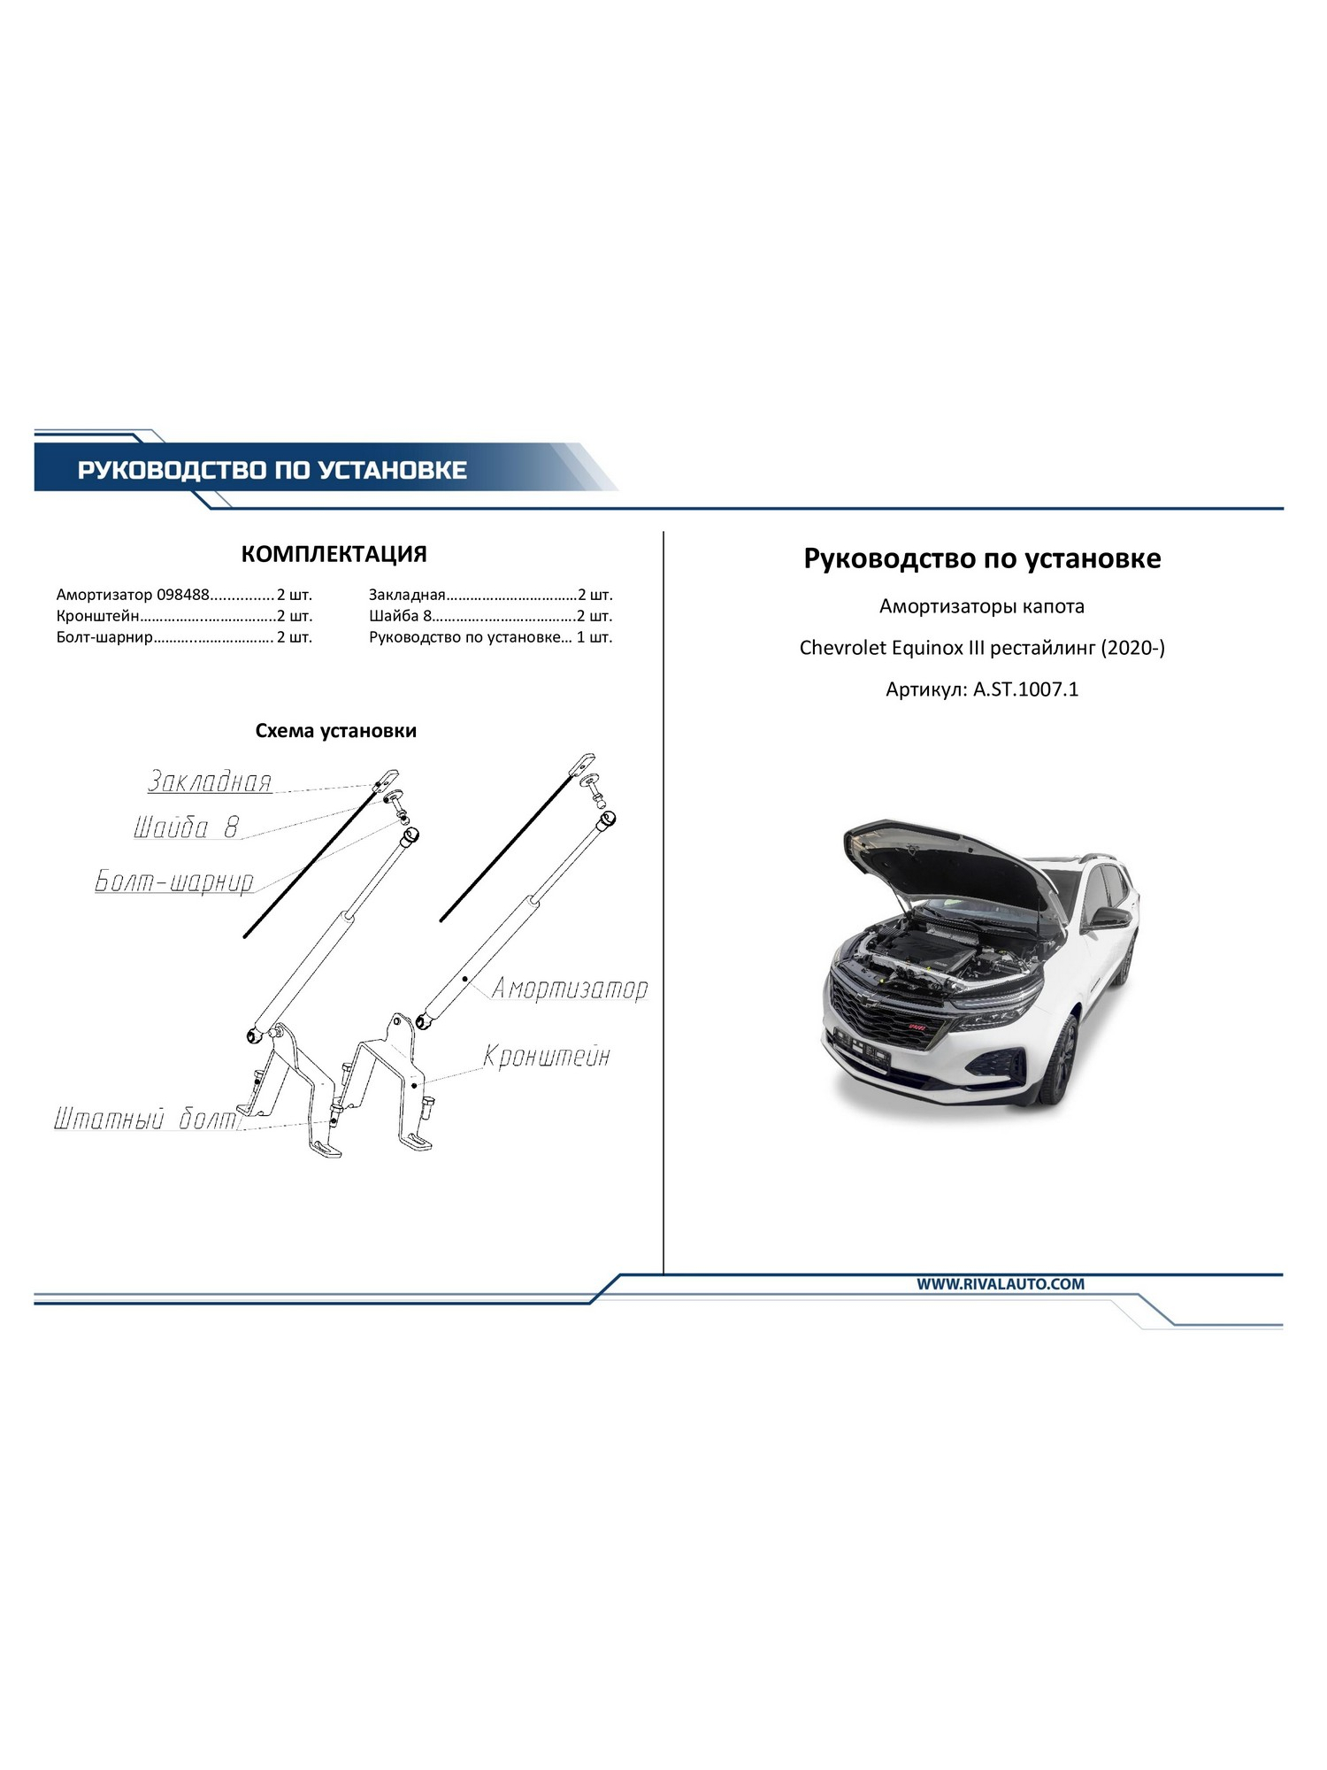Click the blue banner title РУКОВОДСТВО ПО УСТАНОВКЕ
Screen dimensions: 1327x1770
(x=272, y=469)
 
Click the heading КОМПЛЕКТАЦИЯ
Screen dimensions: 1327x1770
(x=334, y=554)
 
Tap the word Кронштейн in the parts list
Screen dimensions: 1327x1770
(x=97, y=616)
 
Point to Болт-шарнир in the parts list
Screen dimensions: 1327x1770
(x=104, y=637)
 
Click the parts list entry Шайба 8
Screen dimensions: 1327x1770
(x=400, y=616)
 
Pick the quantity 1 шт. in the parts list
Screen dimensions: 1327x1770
(x=594, y=637)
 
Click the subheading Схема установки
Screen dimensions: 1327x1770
(x=335, y=731)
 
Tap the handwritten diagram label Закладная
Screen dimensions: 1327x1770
(x=209, y=781)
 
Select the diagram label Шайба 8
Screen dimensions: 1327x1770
(x=186, y=827)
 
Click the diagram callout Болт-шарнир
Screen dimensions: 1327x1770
(x=174, y=881)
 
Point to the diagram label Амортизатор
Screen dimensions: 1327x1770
(x=570, y=988)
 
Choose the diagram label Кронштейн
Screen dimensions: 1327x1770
(x=547, y=1056)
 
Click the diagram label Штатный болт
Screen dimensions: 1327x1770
(x=146, y=1120)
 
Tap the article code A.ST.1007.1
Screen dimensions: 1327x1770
(x=1026, y=689)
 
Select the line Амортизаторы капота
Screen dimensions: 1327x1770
(x=982, y=607)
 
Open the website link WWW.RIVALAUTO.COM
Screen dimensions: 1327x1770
(x=1001, y=1284)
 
